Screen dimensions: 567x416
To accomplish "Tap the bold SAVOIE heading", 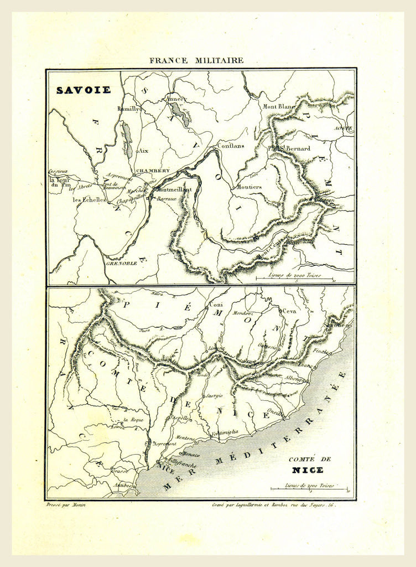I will click(x=83, y=90).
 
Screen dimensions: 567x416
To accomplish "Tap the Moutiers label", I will click(x=249, y=187).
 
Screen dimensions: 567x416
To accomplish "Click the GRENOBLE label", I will click(x=122, y=264).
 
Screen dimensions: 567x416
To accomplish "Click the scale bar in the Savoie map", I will click(x=293, y=278).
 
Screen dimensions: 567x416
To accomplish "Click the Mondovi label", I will click(x=242, y=314).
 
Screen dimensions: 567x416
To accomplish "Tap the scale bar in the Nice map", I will click(x=309, y=489).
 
